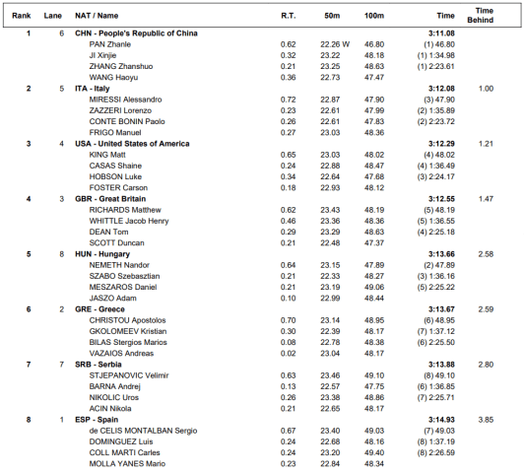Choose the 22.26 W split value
337,44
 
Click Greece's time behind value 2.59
485,309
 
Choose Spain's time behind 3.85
485,420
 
